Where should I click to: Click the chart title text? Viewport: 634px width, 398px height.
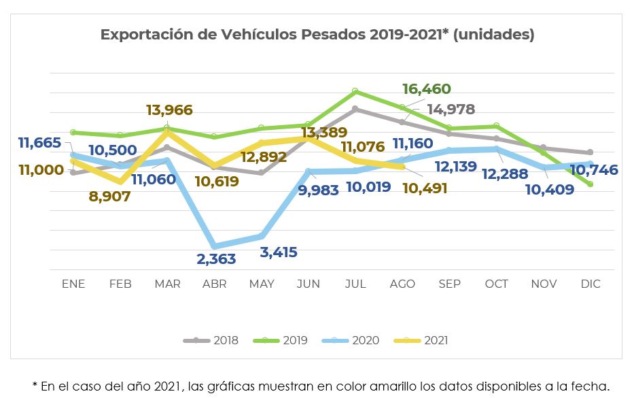pos(317,35)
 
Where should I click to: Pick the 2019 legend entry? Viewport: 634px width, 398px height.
pos(287,340)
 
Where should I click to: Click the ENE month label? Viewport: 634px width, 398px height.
pos(73,284)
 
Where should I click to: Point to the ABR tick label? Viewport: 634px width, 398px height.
pos(215,284)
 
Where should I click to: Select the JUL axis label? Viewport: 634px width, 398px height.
pos(355,284)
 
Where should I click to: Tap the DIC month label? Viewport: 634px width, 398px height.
pos(591,284)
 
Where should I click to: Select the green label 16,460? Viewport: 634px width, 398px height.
pos(427,89)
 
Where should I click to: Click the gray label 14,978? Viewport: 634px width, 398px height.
pos(450,110)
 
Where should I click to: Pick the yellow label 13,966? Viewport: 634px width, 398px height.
pos(169,110)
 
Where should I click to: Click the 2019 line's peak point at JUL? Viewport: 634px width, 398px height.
pos(355,90)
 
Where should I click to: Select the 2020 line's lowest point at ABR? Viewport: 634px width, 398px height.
pos(215,246)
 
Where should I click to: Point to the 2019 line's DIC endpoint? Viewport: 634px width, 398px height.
pos(590,184)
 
